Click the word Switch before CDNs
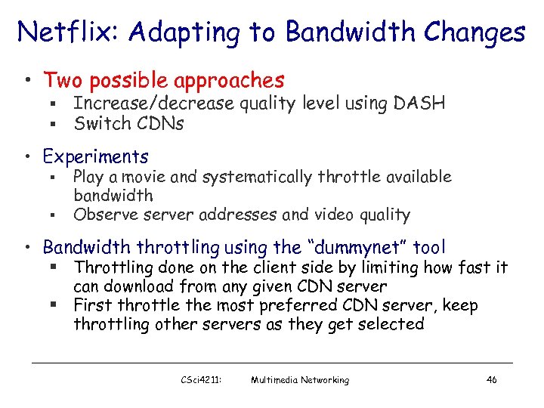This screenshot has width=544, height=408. (98, 122)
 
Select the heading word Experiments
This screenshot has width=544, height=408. (95, 156)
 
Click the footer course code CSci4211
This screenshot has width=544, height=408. (197, 380)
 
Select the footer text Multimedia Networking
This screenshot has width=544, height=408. (300, 380)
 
